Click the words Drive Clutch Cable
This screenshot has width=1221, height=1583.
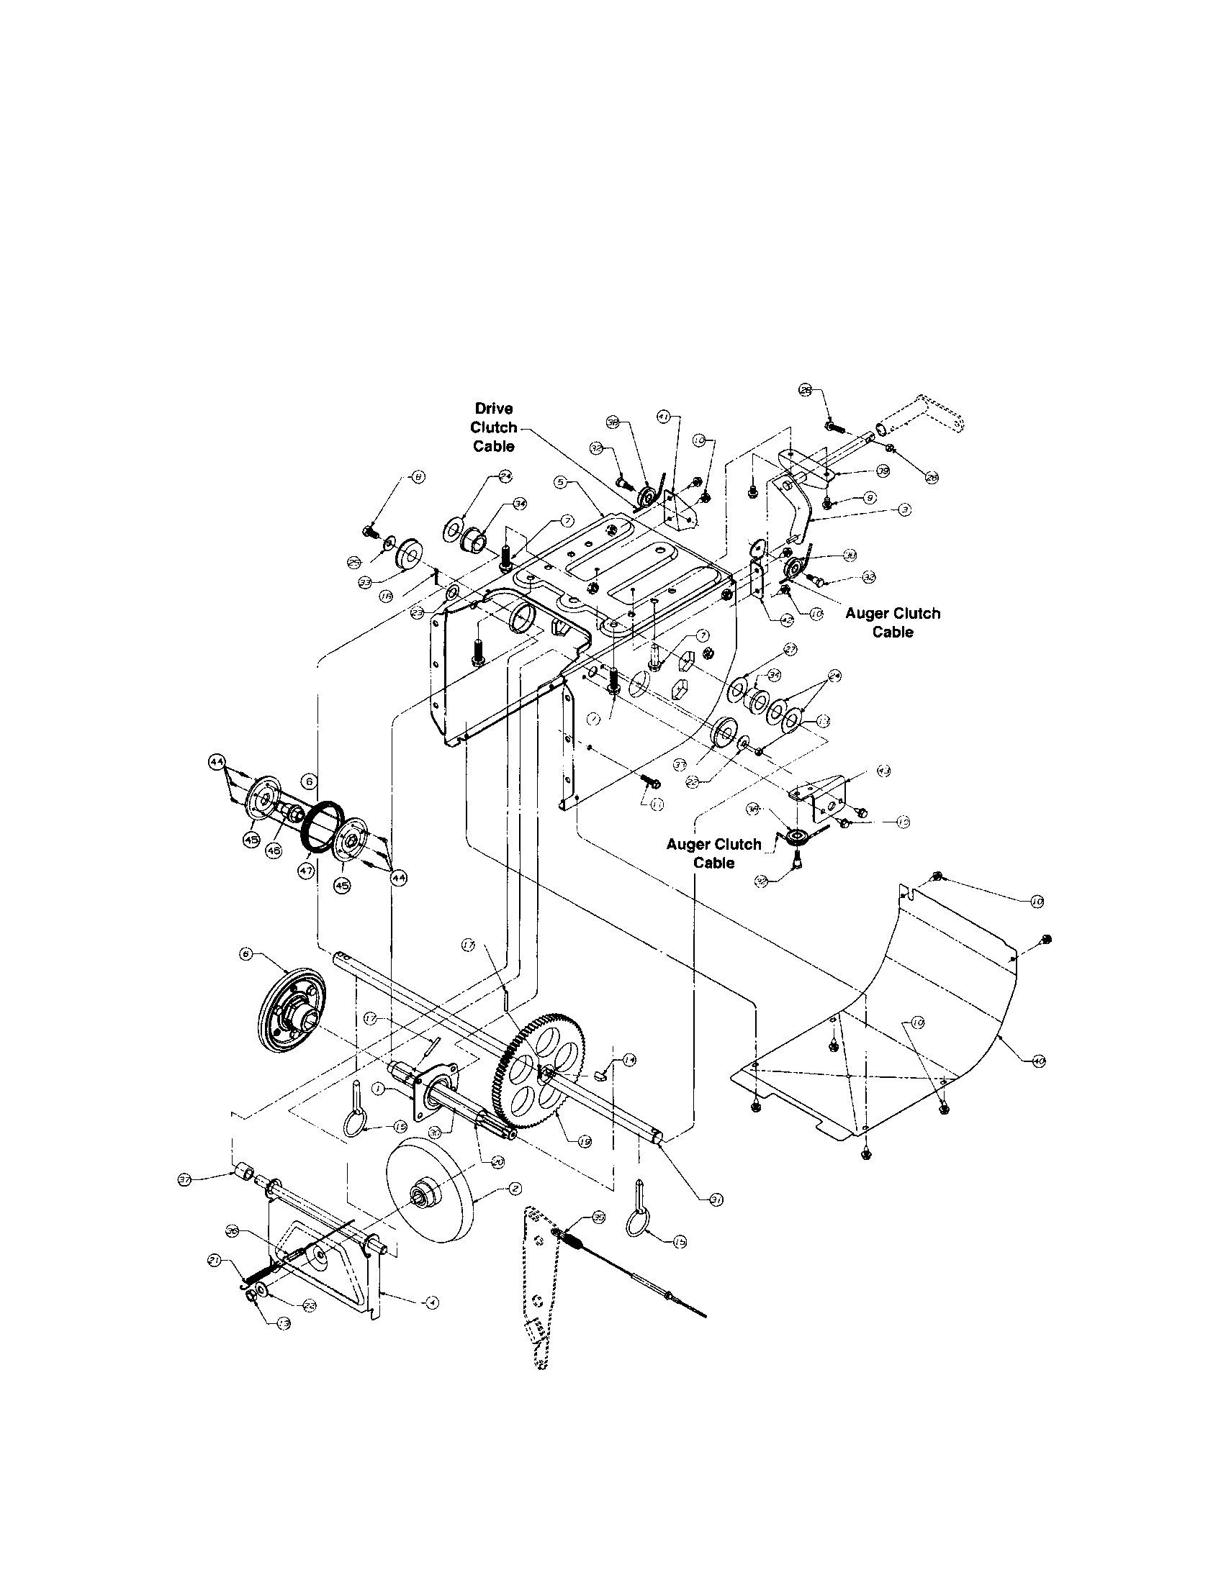494,427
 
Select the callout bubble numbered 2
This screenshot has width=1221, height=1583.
514,1189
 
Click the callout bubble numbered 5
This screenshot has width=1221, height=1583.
561,481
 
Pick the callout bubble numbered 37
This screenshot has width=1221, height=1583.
186,1181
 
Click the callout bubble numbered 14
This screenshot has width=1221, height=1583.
629,1060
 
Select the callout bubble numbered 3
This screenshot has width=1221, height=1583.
904,510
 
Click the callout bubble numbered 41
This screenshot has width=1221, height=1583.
663,417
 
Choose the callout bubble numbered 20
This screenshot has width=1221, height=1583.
497,1161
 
